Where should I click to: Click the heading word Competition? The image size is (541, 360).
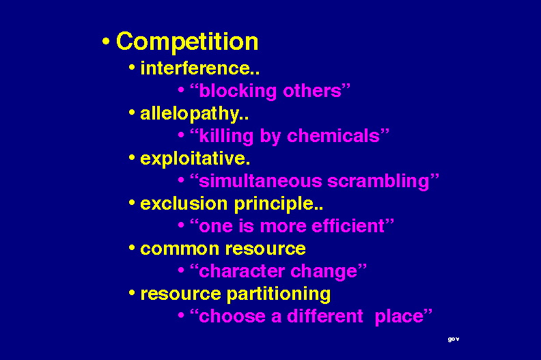point(187,42)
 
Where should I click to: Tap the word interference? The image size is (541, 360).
point(195,68)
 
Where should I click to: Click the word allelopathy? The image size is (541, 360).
point(189,114)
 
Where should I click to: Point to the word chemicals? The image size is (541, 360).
point(333,136)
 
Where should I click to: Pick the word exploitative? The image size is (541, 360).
point(193,159)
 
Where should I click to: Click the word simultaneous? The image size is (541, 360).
point(260,181)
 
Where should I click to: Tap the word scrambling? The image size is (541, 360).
point(378,182)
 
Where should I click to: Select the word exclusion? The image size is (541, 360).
point(184,204)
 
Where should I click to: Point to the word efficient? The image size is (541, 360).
point(348,226)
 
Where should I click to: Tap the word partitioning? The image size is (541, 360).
point(279,294)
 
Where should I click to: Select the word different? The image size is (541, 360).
point(325,316)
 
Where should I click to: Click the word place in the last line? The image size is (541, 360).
point(399,317)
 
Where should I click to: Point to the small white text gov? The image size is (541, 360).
point(454,340)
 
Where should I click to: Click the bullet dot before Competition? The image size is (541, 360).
point(106,42)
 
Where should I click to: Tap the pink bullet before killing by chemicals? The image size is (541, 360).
point(181,135)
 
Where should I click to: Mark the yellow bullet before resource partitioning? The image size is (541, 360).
point(131,293)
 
